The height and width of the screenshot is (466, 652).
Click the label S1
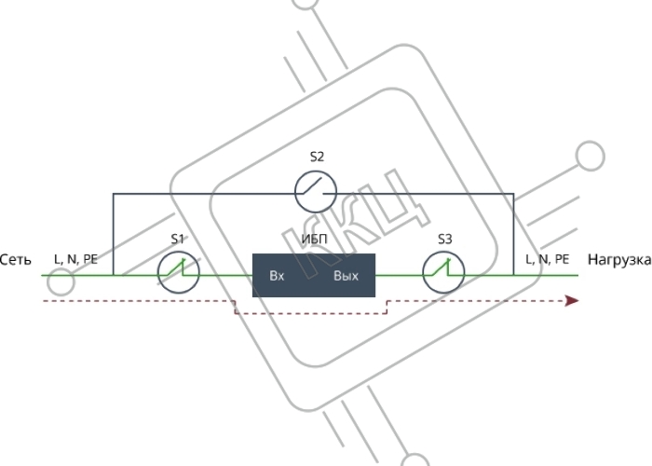click(178, 240)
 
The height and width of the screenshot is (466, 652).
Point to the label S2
click(317, 157)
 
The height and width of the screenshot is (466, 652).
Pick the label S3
click(444, 240)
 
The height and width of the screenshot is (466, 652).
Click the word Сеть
click(16, 260)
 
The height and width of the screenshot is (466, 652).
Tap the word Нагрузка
click(619, 260)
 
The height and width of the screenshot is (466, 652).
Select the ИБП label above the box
click(315, 240)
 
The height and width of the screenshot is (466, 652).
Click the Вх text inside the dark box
click(277, 276)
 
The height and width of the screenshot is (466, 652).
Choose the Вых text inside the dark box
click(346, 276)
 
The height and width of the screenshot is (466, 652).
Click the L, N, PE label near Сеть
click(75, 259)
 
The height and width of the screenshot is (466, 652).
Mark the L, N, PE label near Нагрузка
click(548, 259)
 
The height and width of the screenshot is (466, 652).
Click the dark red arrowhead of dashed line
click(572, 300)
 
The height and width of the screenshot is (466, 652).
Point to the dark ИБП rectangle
click(314, 275)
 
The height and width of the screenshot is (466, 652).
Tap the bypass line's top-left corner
click(113, 194)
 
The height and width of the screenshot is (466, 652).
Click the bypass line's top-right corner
click(514, 194)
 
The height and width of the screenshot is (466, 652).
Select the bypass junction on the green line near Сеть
click(113, 275)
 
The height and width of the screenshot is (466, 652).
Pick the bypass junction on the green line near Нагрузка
click(514, 275)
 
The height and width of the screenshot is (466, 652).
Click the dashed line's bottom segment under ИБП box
click(311, 314)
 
